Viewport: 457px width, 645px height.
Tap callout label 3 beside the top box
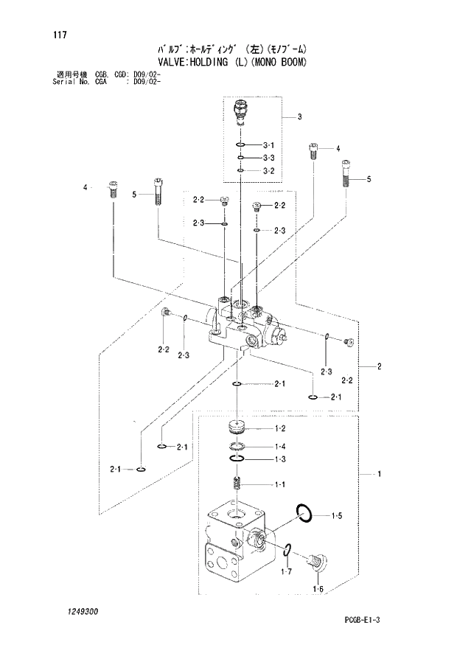tap(300, 116)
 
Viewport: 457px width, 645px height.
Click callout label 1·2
tap(280, 429)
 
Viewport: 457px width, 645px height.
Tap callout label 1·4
tap(280, 447)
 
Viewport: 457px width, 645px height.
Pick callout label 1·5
tap(336, 515)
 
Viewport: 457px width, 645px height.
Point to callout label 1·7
tap(287, 571)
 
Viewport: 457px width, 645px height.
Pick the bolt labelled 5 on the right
tap(346, 175)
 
